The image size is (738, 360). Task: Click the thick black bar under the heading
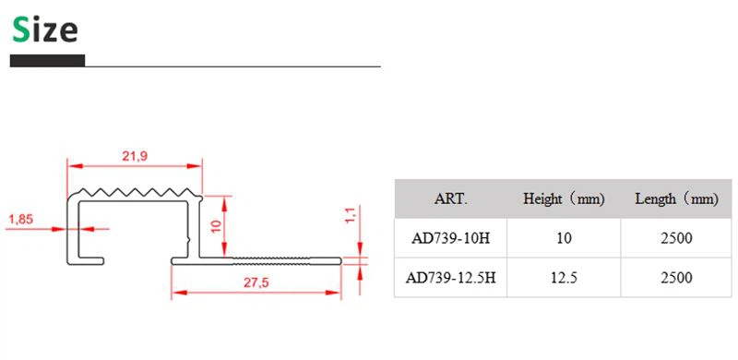tap(47, 61)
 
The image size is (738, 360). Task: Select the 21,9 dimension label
tap(135, 156)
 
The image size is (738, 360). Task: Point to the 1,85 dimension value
tap(21, 219)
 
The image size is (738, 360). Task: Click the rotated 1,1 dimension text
tap(351, 216)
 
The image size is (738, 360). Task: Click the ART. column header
tap(451, 198)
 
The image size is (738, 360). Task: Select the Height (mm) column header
tap(565, 198)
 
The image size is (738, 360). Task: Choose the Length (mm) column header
tap(676, 198)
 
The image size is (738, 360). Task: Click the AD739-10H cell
tap(451, 238)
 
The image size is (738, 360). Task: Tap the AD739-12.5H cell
tap(451, 278)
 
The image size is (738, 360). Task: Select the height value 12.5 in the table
tap(565, 278)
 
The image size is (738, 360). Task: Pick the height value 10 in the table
tap(565, 238)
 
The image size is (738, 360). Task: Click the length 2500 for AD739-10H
tap(676, 238)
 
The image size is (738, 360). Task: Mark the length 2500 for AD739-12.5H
tap(676, 278)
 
